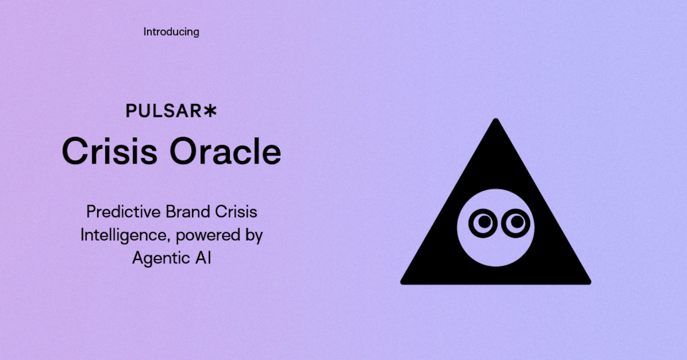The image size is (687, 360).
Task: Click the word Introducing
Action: click(171, 32)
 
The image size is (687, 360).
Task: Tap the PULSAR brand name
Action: click(164, 111)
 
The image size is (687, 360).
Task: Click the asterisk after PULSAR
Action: click(210, 111)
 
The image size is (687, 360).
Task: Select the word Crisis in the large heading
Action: click(109, 151)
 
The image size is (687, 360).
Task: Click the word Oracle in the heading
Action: click(225, 151)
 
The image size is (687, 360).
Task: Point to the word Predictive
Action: click(123, 212)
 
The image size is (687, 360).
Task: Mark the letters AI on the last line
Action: click(203, 258)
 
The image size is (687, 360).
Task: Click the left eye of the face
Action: click(483, 223)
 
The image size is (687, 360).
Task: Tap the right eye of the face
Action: click(516, 223)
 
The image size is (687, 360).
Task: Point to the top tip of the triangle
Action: click(496, 119)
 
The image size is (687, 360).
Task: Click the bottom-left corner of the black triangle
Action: click(401, 283)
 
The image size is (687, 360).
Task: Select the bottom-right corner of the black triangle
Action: click(590, 283)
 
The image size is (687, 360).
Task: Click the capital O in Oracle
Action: click(184, 151)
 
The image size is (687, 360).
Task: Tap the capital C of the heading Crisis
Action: click(76, 151)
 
